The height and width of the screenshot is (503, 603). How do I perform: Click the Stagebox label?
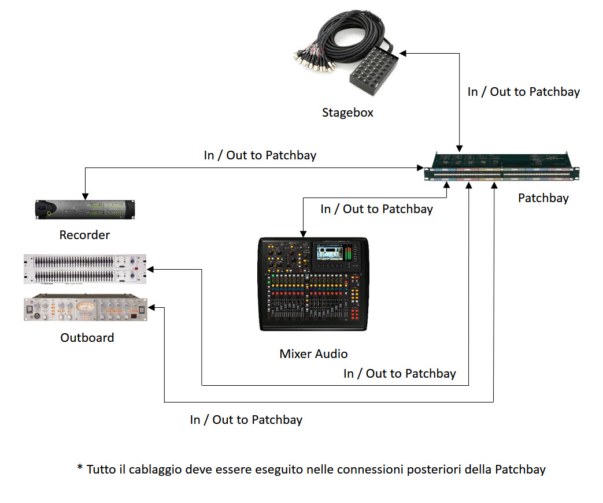coord(347,112)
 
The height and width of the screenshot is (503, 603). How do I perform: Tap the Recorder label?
coord(84,235)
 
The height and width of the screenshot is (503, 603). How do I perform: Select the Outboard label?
coord(87,337)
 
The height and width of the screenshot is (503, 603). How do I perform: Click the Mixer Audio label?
coord(313,353)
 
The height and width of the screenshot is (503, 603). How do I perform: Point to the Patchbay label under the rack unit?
coord(543,198)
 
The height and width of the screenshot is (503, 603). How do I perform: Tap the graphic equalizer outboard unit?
coord(85,269)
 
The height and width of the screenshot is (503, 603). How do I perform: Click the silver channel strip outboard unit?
coord(85,308)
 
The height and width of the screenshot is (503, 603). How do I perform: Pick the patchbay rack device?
coord(502,167)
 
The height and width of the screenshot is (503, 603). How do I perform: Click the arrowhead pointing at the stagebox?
coord(404,53)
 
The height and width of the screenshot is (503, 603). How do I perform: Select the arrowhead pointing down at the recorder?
coord(85,194)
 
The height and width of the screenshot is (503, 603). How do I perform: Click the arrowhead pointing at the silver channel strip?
coord(151,308)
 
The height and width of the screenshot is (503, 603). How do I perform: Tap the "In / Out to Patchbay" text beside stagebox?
coord(523,91)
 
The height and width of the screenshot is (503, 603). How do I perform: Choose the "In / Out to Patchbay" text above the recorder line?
coord(260,155)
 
